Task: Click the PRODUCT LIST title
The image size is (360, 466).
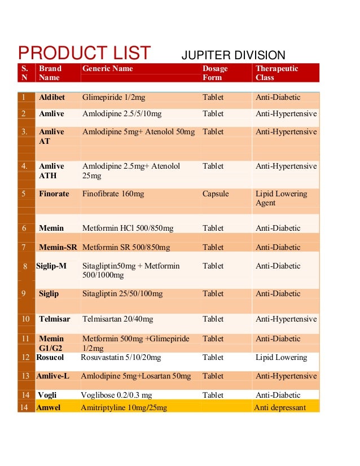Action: [x=84, y=54]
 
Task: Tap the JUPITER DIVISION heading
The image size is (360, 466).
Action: [x=233, y=55]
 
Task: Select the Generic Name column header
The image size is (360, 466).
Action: [x=108, y=69]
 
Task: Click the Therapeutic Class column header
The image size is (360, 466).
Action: [x=276, y=73]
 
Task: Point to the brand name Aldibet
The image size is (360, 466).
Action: [x=52, y=98]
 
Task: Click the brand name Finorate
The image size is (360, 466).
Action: [x=54, y=194]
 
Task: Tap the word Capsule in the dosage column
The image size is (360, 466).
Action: [x=216, y=194]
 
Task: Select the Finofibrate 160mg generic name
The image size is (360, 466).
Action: [x=113, y=194]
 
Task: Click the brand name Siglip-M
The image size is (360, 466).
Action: [x=51, y=266]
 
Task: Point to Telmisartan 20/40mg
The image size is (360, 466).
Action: [x=117, y=319]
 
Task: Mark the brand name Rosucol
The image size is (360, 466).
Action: [x=50, y=358]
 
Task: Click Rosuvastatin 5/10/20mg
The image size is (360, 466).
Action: [x=121, y=358]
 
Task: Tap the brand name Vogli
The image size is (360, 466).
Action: [x=47, y=395]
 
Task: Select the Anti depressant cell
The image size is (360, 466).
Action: [x=280, y=408]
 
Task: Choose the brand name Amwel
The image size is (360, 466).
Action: [x=49, y=408]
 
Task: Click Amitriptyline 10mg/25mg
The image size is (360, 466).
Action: [x=124, y=408]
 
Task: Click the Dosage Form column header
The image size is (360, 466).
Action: [x=215, y=73]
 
